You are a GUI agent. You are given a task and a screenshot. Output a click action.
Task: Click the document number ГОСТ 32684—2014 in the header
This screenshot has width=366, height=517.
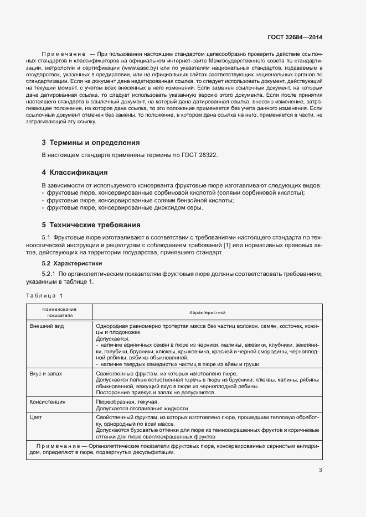(x=295, y=38)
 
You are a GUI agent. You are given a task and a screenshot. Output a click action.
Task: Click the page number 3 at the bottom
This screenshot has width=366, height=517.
(x=320, y=470)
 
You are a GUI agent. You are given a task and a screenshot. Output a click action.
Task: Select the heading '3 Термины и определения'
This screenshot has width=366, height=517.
(x=87, y=143)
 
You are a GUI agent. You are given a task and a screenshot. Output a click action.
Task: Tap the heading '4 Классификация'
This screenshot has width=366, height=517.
(x=75, y=172)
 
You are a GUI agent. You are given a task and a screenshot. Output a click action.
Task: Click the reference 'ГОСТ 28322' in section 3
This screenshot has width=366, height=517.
(x=200, y=155)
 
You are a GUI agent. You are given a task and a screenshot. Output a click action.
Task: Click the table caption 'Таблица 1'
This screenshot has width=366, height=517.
(x=45, y=295)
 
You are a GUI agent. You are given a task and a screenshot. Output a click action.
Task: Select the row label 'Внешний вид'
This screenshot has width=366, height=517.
(x=47, y=326)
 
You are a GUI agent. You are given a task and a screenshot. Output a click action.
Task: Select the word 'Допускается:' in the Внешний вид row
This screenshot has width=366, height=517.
(x=112, y=339)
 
